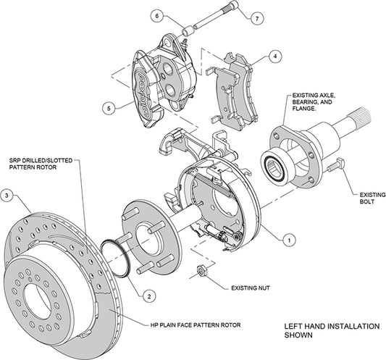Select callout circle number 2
coord(147,295)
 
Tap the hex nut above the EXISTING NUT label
coord(204,273)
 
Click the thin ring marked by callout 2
coord(116,254)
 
